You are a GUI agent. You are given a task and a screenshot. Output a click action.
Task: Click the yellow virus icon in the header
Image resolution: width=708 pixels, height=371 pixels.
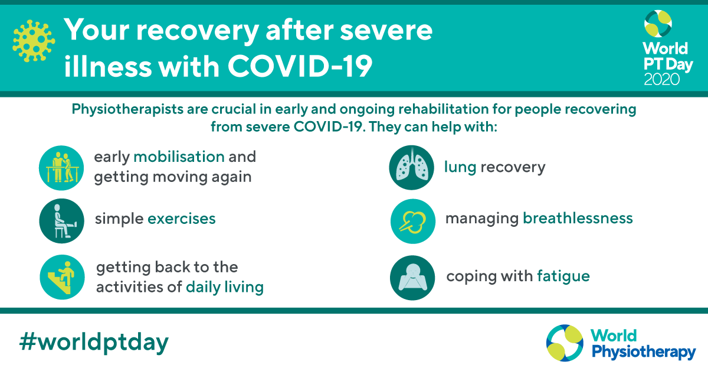point(34,41)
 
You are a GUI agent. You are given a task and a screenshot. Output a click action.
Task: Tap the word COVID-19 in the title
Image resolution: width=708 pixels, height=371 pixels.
point(300,66)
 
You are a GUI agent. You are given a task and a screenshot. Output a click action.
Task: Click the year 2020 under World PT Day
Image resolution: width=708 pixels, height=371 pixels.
point(662,79)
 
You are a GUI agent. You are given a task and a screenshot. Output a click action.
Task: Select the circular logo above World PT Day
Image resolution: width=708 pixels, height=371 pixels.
point(658,24)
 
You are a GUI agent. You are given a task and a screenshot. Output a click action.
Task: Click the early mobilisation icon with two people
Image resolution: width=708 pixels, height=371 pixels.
point(61,168)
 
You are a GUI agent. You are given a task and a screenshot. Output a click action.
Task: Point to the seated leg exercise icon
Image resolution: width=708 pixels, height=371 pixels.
point(61,221)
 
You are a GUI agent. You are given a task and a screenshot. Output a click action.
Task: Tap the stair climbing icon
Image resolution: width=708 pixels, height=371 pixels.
point(63,277)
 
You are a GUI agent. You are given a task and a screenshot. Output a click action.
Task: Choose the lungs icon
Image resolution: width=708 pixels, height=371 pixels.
point(412,167)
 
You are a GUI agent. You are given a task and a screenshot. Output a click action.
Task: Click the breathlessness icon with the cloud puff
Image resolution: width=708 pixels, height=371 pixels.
point(413,221)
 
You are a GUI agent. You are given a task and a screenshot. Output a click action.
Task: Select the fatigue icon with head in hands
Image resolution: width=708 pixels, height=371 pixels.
point(412,278)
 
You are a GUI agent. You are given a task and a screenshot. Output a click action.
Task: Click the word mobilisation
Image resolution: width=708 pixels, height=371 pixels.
point(179,157)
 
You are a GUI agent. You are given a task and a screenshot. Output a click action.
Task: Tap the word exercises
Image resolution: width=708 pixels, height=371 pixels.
point(182,219)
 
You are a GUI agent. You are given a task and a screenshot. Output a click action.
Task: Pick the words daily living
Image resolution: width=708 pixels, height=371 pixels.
point(225,288)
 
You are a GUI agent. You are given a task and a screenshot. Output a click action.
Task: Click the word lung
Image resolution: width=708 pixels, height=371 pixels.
point(460,167)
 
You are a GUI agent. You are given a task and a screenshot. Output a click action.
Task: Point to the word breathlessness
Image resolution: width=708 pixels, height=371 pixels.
point(578,218)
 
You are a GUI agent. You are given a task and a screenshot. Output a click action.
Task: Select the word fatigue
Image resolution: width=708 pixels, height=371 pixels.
point(563,276)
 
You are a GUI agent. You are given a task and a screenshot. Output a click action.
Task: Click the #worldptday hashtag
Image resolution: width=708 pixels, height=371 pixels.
point(94,343)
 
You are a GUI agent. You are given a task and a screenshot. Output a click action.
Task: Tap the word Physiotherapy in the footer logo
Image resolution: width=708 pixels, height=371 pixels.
point(644,352)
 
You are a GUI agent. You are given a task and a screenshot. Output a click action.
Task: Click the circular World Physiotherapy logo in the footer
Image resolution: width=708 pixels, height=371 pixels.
point(565,343)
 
